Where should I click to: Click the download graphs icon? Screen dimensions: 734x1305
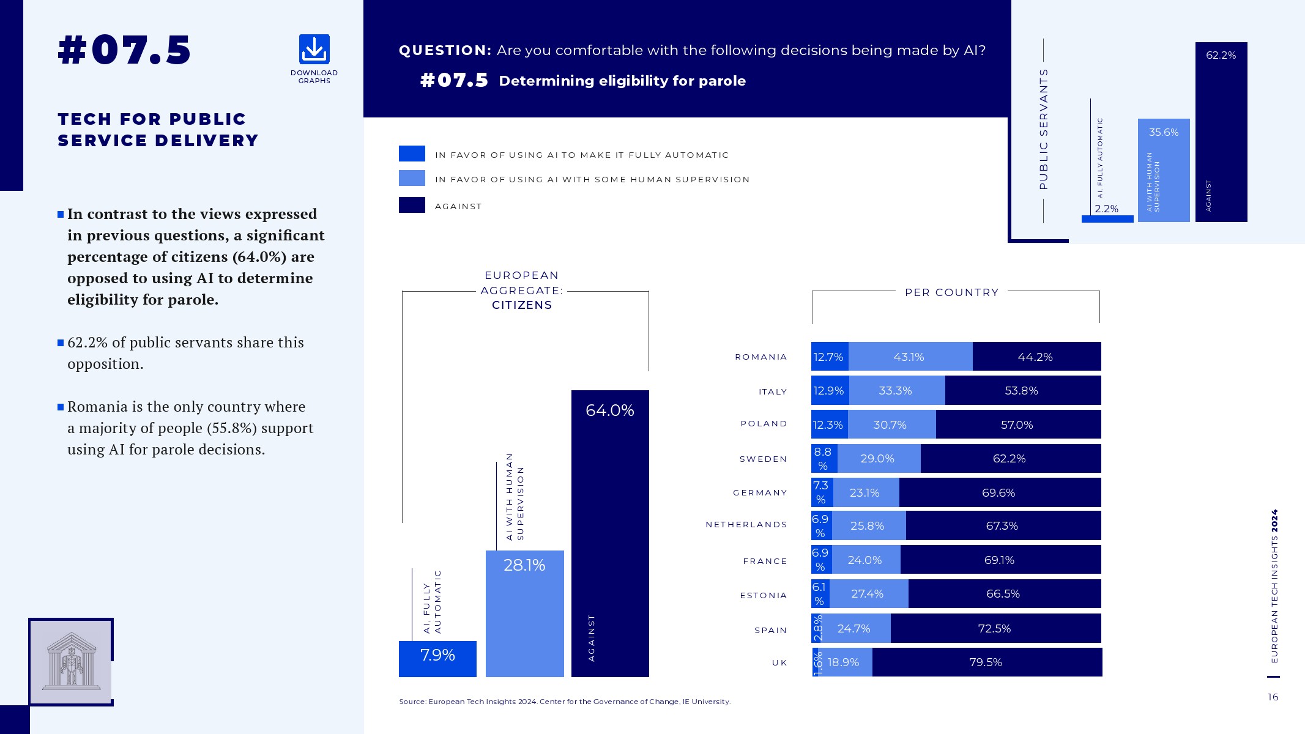coord(314,50)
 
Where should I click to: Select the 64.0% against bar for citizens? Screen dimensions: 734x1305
coord(610,532)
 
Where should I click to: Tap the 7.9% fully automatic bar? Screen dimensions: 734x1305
coord(437,658)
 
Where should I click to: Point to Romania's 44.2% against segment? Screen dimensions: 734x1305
coord(1036,357)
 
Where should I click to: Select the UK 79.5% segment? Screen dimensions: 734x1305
coord(986,662)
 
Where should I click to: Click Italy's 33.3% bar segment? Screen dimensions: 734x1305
coord(896,391)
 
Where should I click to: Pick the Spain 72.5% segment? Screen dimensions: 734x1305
coord(995,628)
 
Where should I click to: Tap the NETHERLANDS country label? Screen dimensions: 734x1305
coord(746,525)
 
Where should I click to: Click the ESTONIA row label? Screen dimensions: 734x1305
coord(764,595)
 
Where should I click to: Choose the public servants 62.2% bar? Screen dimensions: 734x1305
coord(1221,132)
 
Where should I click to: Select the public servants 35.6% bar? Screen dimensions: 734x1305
coord(1163,170)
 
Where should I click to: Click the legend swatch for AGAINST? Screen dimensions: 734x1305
coord(412,205)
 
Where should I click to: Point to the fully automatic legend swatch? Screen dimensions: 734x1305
coord(412,154)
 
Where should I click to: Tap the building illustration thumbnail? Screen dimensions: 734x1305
coord(71,661)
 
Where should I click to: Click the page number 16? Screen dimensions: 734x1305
coord(1273,697)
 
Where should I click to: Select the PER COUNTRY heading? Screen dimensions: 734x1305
coord(951,292)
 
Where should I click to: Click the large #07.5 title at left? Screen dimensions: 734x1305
coord(124,50)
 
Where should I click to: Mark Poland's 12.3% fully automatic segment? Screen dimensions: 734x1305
coord(828,424)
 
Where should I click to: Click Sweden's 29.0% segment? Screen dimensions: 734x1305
coord(878,459)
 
